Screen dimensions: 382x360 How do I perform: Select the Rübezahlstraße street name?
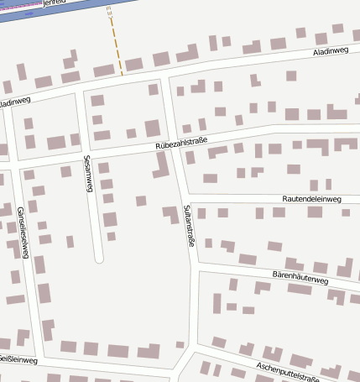pos(181,144)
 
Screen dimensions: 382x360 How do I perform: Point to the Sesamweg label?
pos(87,174)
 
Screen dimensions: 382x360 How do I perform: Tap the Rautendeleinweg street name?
pos(312,199)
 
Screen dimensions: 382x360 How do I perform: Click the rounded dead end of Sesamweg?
pos(98,258)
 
